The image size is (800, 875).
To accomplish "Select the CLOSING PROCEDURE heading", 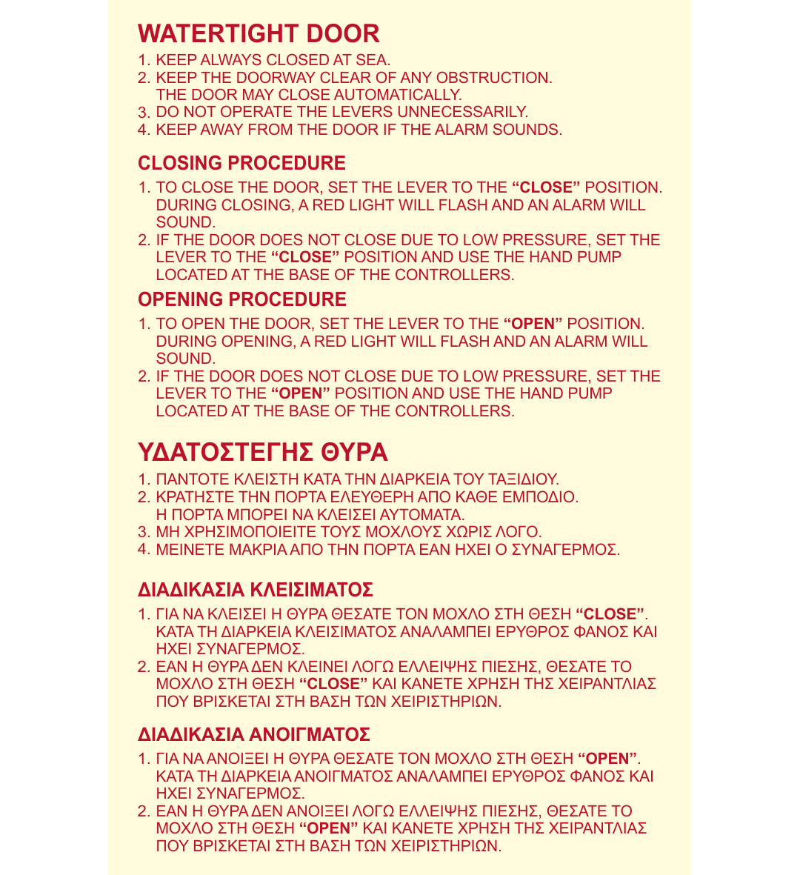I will pyautogui.click(x=241, y=163).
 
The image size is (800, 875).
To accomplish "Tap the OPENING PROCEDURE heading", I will pyautogui.click(x=241, y=299).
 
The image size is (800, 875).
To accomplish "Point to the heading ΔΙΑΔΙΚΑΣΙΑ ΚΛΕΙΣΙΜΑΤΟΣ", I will pyautogui.click(x=255, y=590).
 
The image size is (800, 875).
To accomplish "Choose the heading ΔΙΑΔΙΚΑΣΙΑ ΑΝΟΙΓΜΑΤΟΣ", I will pyautogui.click(x=253, y=735).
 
